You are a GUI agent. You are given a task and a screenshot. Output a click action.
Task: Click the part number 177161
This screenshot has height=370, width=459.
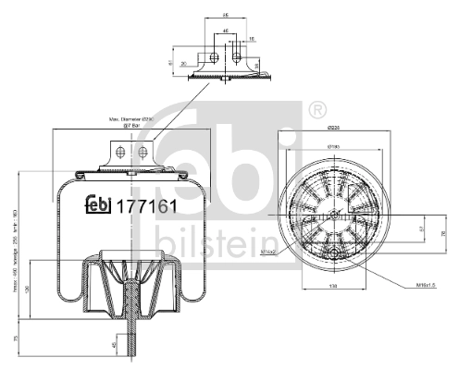pyautogui.click(x=143, y=206)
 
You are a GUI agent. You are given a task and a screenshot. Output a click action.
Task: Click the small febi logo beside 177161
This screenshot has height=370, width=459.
pyautogui.click(x=98, y=206)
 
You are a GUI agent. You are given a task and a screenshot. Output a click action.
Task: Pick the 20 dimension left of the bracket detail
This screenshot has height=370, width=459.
pyautogui.click(x=183, y=63)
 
